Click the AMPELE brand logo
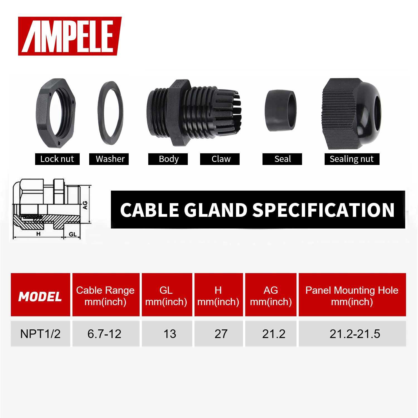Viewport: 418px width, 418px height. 70,36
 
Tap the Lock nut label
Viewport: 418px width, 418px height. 57,159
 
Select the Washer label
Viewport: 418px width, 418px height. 110,159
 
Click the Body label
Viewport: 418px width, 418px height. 168,159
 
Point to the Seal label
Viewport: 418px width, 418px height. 282,159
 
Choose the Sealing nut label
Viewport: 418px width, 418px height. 352,159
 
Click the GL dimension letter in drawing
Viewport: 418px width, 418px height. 72,234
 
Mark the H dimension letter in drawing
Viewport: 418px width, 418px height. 38,234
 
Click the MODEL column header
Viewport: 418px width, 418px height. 40,297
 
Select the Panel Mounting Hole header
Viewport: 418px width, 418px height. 352,296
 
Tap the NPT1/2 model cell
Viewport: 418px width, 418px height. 40,334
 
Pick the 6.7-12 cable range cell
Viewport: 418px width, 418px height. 104,334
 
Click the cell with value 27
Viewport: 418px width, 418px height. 221,334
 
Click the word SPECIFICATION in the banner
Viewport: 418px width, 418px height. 323,210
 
